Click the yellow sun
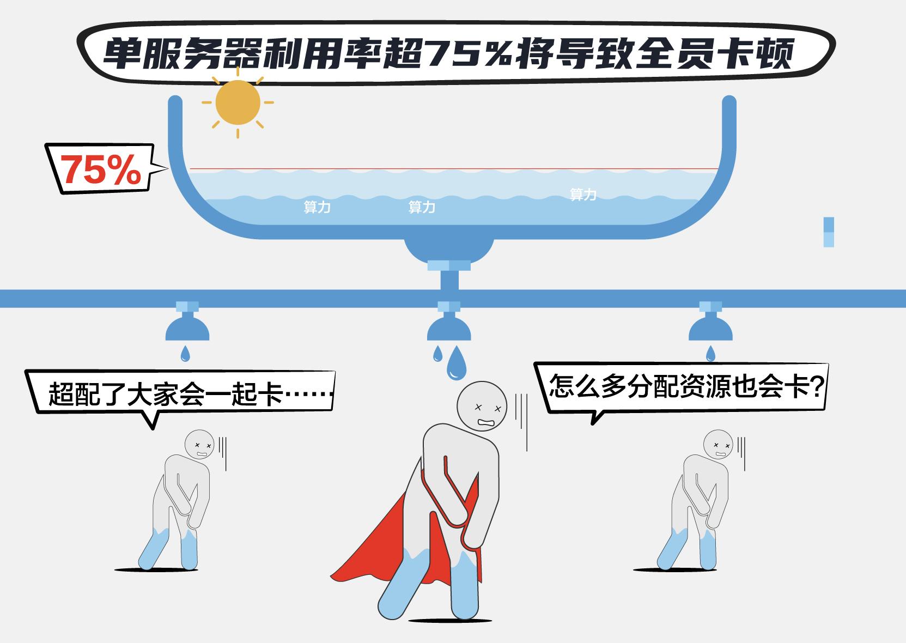pos(238,102)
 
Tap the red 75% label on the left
pos(101,170)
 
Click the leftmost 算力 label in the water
pos(317,207)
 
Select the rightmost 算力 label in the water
pos(583,195)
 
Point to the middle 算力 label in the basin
pos(422,207)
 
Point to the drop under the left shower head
pos(186,354)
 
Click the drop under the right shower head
pos(710,354)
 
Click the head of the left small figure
pos(200,445)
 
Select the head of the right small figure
pos(718,445)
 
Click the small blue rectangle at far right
pos(829,232)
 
